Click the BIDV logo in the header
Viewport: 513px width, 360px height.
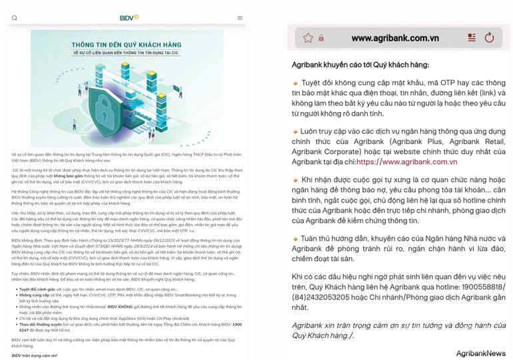click(129, 17)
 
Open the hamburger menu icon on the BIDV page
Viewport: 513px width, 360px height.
click(240, 18)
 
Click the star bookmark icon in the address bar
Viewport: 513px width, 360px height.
click(308, 38)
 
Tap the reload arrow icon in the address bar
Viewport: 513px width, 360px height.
click(489, 38)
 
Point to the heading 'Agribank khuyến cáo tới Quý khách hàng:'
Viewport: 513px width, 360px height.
click(360, 65)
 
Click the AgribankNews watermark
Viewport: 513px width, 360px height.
click(480, 353)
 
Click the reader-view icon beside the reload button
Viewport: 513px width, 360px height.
click(472, 38)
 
